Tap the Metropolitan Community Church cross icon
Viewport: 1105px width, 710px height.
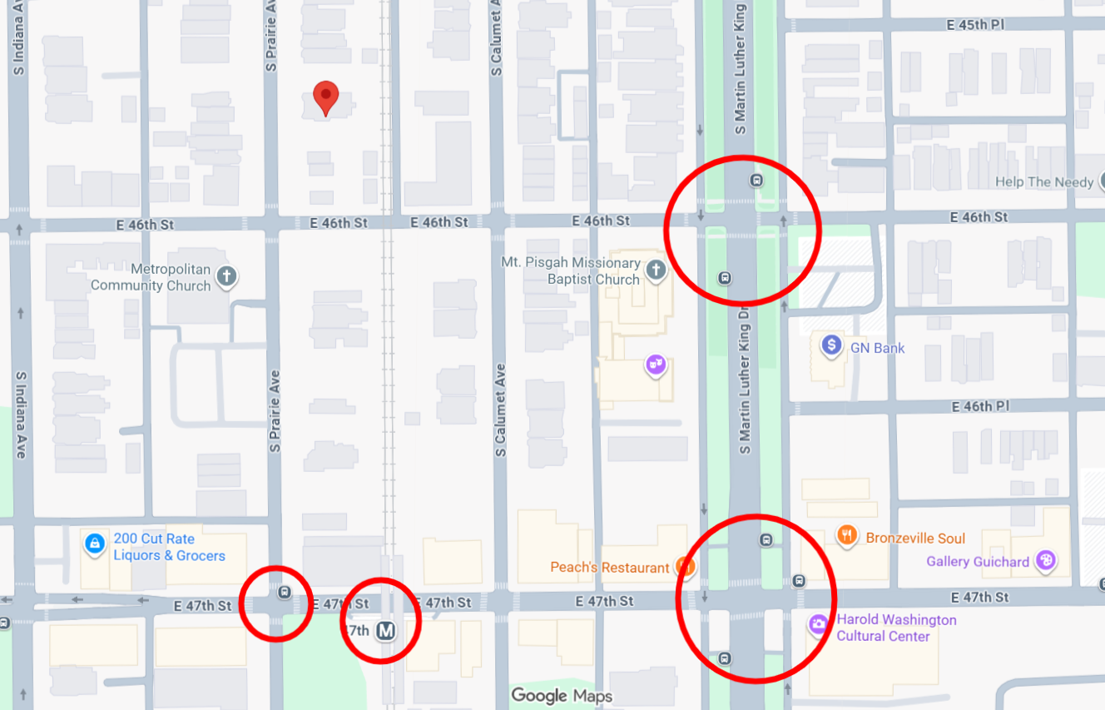pyautogui.click(x=226, y=276)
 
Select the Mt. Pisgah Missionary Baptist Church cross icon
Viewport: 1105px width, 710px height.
pyautogui.click(x=656, y=270)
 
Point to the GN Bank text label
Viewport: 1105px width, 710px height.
pyautogui.click(x=877, y=348)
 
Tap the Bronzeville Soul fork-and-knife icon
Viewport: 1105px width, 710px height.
pyautogui.click(x=847, y=536)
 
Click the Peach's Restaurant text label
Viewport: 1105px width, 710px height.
pyautogui.click(x=610, y=568)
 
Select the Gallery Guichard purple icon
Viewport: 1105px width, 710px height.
pyautogui.click(x=1046, y=561)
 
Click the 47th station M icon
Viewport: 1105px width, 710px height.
pyautogui.click(x=385, y=631)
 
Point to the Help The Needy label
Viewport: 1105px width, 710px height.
pyautogui.click(x=1044, y=182)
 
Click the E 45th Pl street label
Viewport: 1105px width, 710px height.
pyautogui.click(x=975, y=25)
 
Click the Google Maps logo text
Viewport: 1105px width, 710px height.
pyautogui.click(x=562, y=696)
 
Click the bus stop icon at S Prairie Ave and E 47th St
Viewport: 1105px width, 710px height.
pyautogui.click(x=285, y=593)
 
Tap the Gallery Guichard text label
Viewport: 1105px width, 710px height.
pyautogui.click(x=978, y=562)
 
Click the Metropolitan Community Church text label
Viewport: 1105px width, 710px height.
pyautogui.click(x=151, y=277)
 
